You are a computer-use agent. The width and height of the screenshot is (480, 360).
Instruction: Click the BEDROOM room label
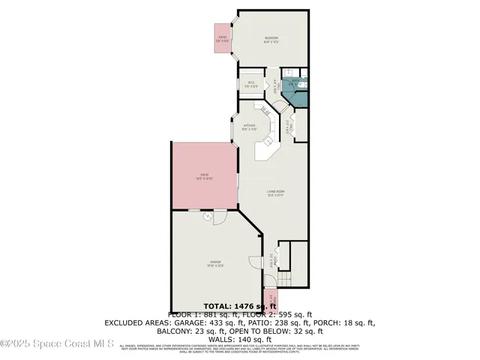click(271, 38)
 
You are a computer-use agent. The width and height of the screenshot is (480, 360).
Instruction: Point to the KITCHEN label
click(250, 125)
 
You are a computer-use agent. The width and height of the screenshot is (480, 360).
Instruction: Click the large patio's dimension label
click(205, 178)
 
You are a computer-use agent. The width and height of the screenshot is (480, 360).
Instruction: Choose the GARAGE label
click(216, 262)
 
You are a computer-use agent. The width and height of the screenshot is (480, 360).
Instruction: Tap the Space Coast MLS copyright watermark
click(57, 344)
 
